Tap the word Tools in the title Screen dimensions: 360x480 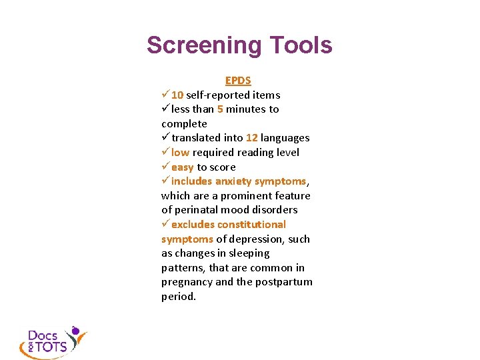pyautogui.click(x=301, y=45)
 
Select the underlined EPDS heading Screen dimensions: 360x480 pyautogui.click(x=238, y=80)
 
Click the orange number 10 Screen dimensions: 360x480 pyautogui.click(x=177, y=95)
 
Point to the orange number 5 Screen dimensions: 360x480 pyautogui.click(x=220, y=109)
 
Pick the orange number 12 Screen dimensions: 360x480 pyautogui.click(x=251, y=138)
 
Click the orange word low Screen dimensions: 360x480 pyautogui.click(x=180, y=153)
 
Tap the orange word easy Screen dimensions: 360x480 pyautogui.click(x=182, y=167)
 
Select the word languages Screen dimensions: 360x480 pyautogui.click(x=285, y=138)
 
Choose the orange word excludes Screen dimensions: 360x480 pyautogui.click(x=193, y=225)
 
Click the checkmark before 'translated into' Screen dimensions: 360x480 pyautogui.click(x=165, y=138)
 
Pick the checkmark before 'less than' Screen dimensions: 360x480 pyautogui.click(x=165, y=109)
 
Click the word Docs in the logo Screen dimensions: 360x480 pyautogui.click(x=42, y=335)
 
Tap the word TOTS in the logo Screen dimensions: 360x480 pyautogui.click(x=51, y=347)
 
